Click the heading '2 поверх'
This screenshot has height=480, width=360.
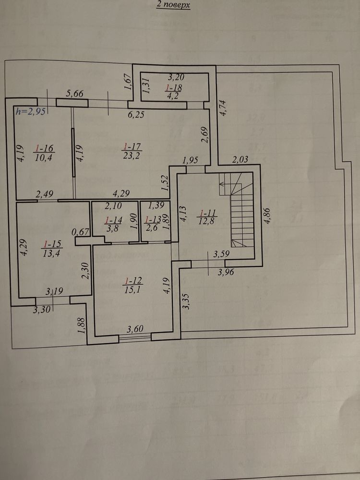pos(173,5)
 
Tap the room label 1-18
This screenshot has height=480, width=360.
pos(174,88)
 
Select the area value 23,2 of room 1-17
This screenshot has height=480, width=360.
pos(132,156)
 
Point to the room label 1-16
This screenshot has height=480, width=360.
pos(44,149)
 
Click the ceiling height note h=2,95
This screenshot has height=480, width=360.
pos(31,111)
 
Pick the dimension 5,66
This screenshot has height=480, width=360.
pos(75,94)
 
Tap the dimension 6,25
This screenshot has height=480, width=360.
pos(136,115)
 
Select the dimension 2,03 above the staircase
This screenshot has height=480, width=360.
pos(240,159)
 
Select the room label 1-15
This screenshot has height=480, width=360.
pos(53,244)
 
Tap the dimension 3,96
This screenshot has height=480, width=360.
pos(226,272)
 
